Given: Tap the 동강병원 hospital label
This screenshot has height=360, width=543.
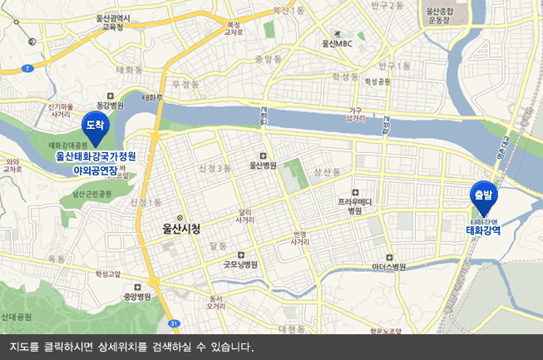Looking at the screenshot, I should point(110,105).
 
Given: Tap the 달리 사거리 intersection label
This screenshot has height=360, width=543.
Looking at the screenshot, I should point(245,216).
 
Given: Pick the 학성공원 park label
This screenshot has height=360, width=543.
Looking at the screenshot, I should point(377,81).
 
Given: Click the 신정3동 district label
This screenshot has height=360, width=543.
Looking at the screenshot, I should point(215,168).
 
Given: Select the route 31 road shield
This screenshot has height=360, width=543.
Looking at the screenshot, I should point(173,323).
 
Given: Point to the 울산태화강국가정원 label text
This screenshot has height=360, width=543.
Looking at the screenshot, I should point(96,155).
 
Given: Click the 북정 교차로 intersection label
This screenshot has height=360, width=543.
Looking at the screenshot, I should point(234,27).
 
